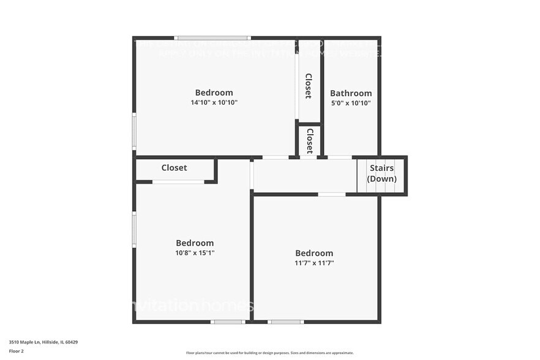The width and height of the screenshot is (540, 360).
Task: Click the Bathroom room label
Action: point(351,94)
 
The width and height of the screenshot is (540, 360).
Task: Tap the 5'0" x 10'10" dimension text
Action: point(351,103)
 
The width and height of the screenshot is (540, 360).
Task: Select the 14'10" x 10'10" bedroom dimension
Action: point(214,103)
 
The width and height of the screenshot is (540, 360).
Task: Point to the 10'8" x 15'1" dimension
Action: point(195,253)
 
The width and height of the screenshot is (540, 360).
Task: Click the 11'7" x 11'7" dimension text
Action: point(314,263)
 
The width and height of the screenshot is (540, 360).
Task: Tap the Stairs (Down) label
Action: point(381,173)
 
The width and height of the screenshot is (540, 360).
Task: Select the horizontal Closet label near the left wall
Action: point(174,168)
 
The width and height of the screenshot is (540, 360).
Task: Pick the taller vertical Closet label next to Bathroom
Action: point(309,86)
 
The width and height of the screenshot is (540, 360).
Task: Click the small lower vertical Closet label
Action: point(310,140)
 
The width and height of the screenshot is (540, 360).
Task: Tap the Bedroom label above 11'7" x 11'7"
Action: point(314,253)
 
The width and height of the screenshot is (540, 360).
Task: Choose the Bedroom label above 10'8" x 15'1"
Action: point(195,243)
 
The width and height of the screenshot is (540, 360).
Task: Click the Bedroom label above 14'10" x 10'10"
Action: point(214,93)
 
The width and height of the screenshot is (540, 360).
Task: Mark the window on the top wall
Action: point(212,38)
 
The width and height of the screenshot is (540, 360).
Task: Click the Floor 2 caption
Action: point(16,351)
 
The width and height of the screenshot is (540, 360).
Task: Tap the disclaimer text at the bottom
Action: point(269,353)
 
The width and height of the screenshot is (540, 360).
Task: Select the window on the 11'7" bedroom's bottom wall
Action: point(285,321)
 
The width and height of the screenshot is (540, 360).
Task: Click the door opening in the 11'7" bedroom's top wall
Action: point(332,195)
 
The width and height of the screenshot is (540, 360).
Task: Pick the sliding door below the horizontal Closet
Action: point(178,182)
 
